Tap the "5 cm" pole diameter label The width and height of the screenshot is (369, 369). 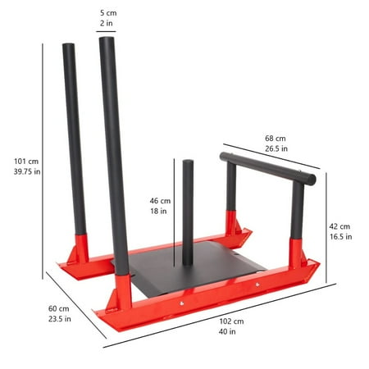[x=107, y=13]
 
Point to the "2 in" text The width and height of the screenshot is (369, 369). [x=107, y=25]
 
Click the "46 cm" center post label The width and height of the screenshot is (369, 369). [x=160, y=200]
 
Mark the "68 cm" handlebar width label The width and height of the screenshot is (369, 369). [x=275, y=139]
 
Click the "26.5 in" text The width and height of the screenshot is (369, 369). [x=275, y=150]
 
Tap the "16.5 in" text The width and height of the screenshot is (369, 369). [x=340, y=237]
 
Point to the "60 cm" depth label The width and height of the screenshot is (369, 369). [x=59, y=308]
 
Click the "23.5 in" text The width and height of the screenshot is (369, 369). [x=59, y=320]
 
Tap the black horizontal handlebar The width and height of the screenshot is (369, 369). [x=266, y=166]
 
